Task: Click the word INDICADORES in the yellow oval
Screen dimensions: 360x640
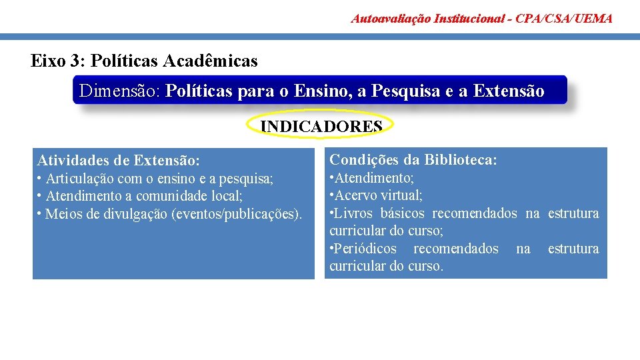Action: tap(321, 126)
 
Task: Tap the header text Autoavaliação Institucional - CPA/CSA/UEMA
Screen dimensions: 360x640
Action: tap(481, 18)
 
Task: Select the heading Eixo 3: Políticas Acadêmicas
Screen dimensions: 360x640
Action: tap(144, 61)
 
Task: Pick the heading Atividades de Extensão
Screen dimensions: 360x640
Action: tap(118, 160)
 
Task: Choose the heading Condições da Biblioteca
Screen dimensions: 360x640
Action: tap(413, 159)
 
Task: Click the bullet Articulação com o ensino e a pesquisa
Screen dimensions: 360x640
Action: tap(155, 179)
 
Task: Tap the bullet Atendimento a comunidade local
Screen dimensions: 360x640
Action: tap(140, 196)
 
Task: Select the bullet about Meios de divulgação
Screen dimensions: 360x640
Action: tap(169, 213)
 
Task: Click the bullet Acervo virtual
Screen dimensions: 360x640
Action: tap(376, 195)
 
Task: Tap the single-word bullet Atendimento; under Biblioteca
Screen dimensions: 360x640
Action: tap(372, 178)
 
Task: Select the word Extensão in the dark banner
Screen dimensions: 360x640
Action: tap(508, 91)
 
